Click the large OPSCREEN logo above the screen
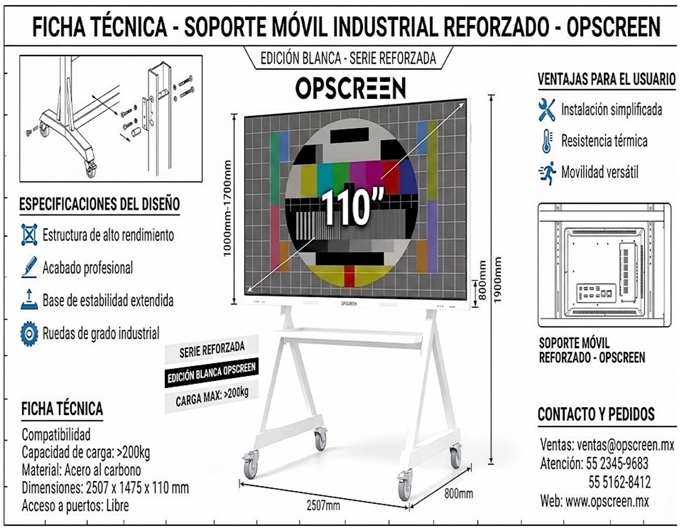(x=350, y=88)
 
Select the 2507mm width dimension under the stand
(x=323, y=505)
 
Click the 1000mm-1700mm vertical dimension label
(x=227, y=208)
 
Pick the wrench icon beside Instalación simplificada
(x=547, y=110)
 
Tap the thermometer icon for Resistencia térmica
(x=547, y=141)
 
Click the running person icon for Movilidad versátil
(x=547, y=173)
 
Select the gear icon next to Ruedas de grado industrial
(x=29, y=334)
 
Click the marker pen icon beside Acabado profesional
(x=30, y=267)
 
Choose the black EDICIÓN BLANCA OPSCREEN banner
(x=212, y=373)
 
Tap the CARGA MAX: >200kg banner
(x=212, y=396)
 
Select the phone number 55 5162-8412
(x=619, y=482)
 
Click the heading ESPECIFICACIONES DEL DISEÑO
(x=99, y=204)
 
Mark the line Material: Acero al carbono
(x=81, y=470)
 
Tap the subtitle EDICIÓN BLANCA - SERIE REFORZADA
(x=348, y=58)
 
